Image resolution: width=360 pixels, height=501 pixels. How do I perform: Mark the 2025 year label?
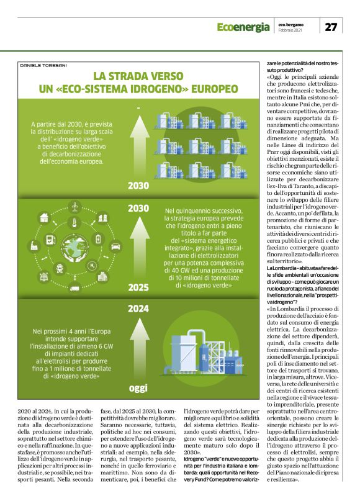point(138,287)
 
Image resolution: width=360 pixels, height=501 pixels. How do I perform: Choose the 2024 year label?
point(138,308)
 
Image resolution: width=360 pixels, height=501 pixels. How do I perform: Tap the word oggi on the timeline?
point(138,389)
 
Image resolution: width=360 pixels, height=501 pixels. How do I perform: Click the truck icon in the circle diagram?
point(74,287)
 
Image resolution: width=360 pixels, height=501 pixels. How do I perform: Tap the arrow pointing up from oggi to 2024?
point(138,348)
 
